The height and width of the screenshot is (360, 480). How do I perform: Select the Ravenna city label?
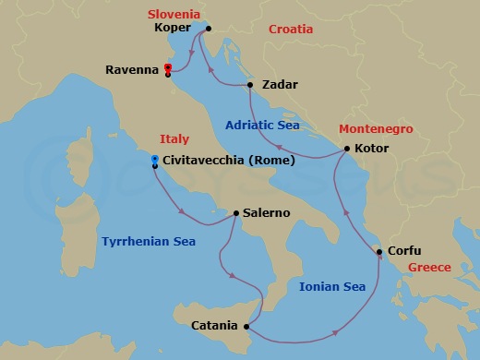click(x=131, y=68)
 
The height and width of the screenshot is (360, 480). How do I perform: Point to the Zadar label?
click(x=280, y=85)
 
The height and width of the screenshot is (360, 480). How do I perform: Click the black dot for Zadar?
click(x=250, y=86)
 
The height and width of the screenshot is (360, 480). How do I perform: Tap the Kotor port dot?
click(x=346, y=149)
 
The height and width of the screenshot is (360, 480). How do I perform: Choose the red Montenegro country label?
click(x=376, y=129)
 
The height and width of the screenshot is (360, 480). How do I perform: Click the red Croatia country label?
click(x=292, y=30)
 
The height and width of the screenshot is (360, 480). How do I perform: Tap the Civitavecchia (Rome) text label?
click(x=228, y=161)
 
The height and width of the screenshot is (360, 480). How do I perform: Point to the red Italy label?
click(x=174, y=139)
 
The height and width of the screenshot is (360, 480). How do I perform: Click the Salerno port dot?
click(x=235, y=213)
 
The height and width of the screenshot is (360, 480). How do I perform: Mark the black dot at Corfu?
click(x=378, y=251)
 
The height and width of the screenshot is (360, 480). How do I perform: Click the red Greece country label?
click(x=429, y=268)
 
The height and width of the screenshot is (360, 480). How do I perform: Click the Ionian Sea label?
click(x=332, y=287)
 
